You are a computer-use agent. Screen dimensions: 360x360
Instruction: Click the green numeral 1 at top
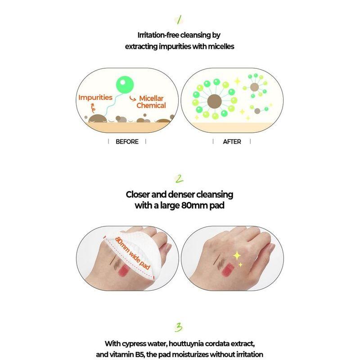click(180, 19)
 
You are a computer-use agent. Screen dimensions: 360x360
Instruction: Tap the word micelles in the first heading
click(220, 46)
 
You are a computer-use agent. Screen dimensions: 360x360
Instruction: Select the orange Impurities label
click(95, 97)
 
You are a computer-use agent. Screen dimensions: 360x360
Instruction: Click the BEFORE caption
click(127, 141)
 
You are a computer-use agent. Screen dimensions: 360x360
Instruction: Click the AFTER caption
click(232, 141)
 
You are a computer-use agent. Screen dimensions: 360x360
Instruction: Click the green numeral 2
click(180, 180)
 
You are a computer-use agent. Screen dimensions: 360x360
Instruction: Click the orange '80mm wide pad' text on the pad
click(130, 255)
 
